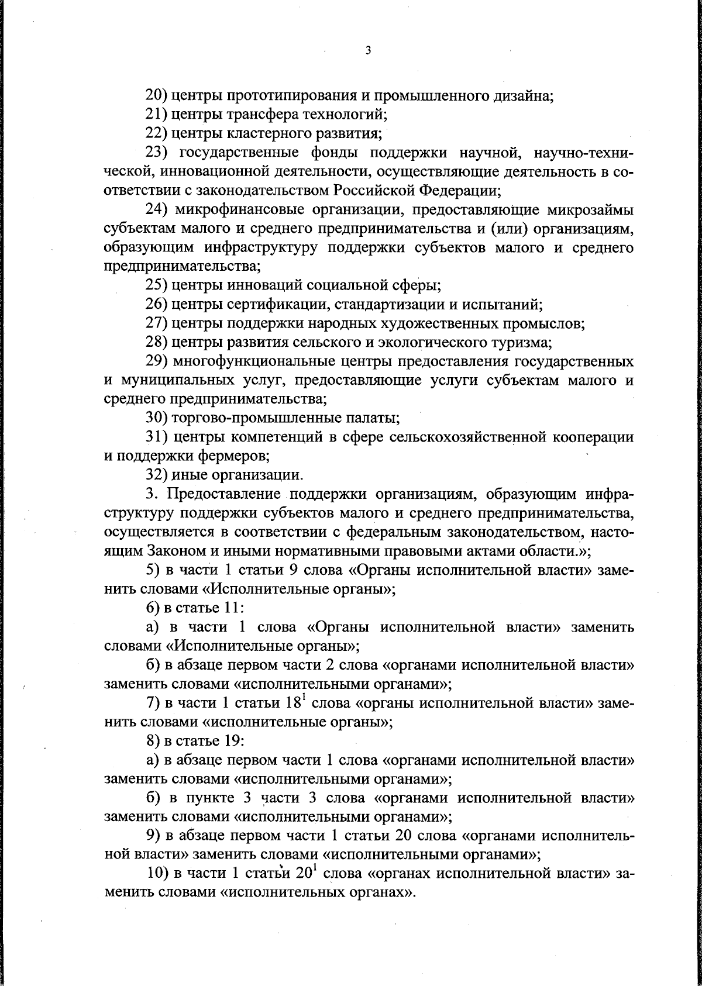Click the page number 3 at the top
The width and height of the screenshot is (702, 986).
tap(367, 51)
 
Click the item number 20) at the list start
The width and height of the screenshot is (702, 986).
tap(157, 96)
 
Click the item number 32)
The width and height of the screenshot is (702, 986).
tap(157, 474)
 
